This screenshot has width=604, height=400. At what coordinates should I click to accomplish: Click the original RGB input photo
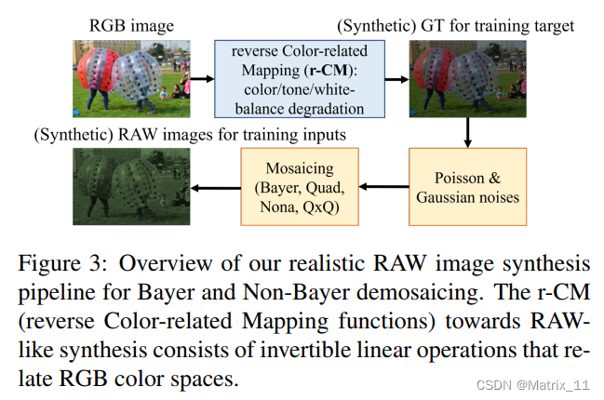[x=131, y=71]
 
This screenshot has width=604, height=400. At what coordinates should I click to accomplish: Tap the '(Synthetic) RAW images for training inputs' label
[x=190, y=135]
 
